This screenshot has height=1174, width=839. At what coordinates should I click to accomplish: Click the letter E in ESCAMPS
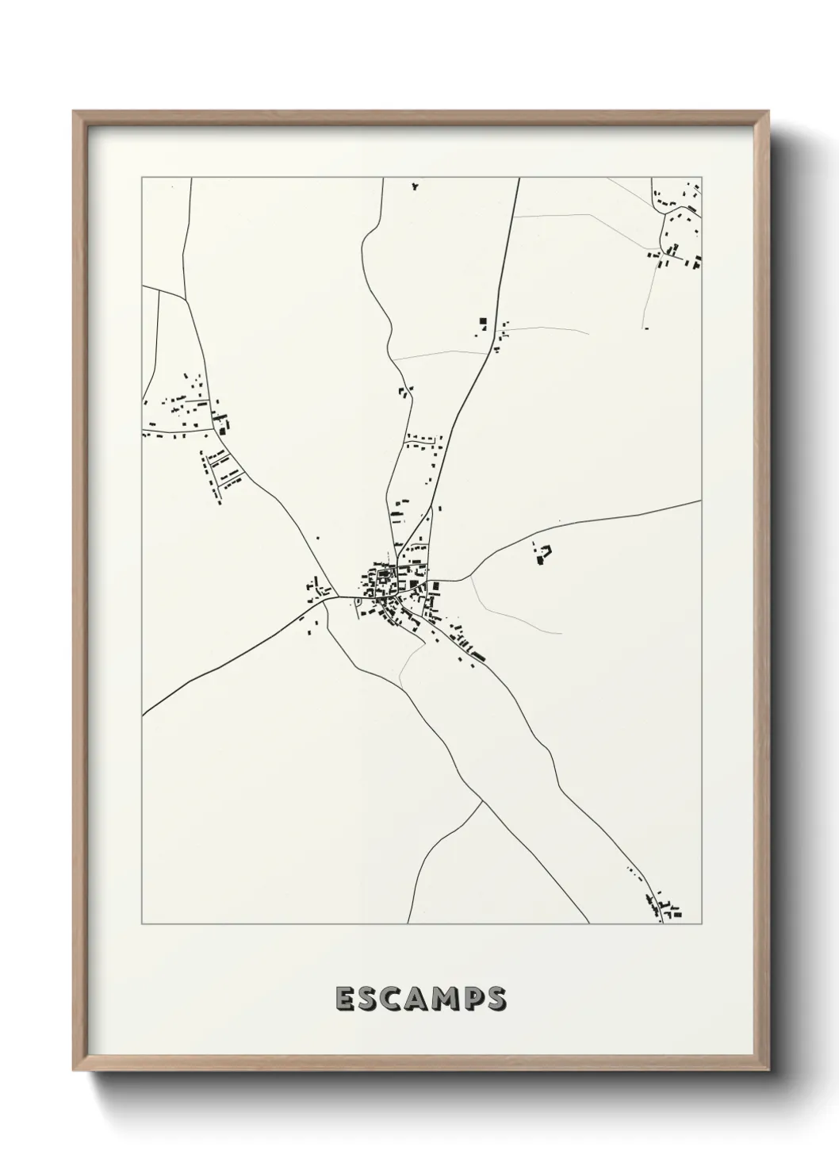pyautogui.click(x=346, y=999)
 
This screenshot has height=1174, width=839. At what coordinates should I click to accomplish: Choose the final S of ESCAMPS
pyautogui.click(x=497, y=999)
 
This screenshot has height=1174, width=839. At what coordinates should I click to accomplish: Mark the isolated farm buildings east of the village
pyautogui.click(x=542, y=554)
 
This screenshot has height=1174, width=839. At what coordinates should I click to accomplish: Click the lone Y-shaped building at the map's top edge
pyautogui.click(x=414, y=187)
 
